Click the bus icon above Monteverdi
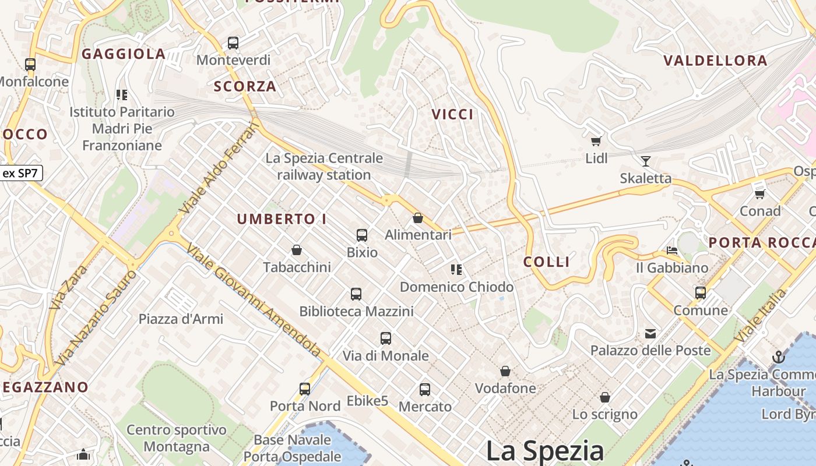[233, 43]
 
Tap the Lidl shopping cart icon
[596, 141]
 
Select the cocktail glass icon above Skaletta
[645, 161]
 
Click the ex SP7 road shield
[21, 173]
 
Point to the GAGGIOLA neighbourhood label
[124, 54]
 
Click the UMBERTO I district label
[282, 219]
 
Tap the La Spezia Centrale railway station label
[324, 166]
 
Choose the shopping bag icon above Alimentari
[418, 218]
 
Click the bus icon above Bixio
[362, 235]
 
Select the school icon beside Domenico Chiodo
[456, 269]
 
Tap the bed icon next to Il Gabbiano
[672, 250]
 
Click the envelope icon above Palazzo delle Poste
[650, 334]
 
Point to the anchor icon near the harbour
[778, 356]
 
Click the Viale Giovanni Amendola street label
[254, 299]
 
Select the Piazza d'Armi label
[181, 319]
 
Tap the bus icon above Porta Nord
[305, 389]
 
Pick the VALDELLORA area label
[715, 61]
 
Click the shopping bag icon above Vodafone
[505, 371]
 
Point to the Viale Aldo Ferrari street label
[219, 168]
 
